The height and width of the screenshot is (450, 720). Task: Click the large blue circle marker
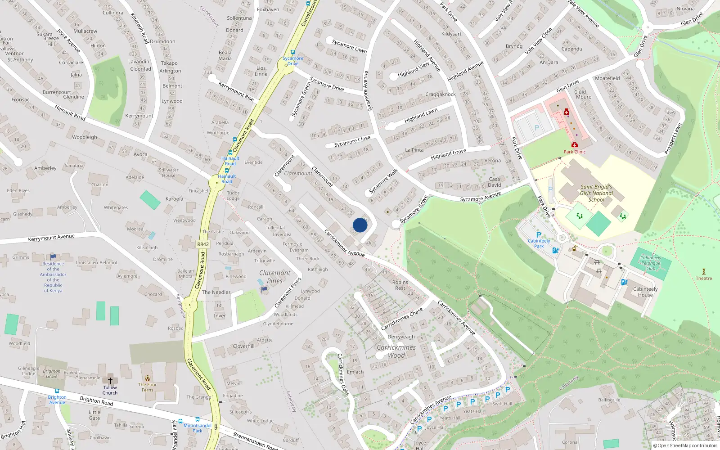(x=360, y=225)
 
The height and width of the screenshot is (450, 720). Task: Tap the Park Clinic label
(x=575, y=152)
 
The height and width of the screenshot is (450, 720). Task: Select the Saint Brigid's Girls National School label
(x=596, y=193)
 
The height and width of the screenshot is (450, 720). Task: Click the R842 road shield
(x=203, y=244)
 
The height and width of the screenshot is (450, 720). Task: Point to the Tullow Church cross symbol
(x=110, y=380)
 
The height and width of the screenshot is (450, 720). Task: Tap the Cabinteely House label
(x=645, y=292)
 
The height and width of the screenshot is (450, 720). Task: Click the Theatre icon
(x=704, y=272)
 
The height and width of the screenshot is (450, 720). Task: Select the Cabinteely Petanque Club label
(x=651, y=263)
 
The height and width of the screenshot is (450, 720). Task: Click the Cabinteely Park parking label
(x=539, y=243)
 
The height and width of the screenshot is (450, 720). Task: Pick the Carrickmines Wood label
(x=396, y=351)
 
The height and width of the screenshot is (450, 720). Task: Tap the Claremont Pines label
(x=274, y=277)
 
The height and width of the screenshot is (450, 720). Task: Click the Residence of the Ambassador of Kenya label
(x=53, y=277)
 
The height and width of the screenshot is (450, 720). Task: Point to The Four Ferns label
(x=148, y=387)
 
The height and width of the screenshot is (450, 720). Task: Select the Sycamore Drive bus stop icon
(x=293, y=52)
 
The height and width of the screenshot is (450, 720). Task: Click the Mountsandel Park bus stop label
(x=197, y=428)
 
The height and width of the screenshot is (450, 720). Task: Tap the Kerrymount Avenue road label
(x=51, y=238)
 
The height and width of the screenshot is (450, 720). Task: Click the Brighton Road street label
(x=96, y=401)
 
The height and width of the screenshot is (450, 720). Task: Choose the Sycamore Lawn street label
(x=349, y=46)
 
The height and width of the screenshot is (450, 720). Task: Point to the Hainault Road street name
(x=70, y=112)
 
